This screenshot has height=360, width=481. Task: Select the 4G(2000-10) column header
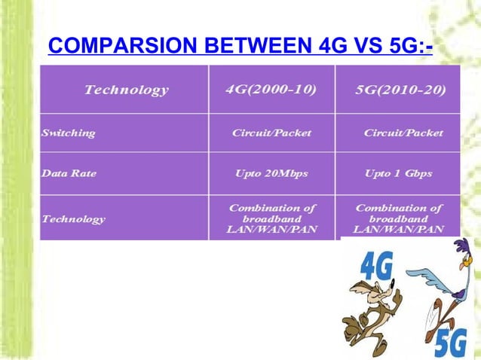[271, 90]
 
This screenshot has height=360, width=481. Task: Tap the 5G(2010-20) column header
[400, 90]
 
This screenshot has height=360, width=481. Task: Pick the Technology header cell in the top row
[126, 90]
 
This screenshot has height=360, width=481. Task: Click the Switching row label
[69, 133]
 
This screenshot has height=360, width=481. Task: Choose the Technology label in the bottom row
[73, 219]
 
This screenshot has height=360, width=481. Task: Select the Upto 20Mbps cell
[271, 173]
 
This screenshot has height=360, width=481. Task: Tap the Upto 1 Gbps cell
[398, 173]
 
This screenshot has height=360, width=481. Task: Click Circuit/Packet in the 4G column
[271, 133]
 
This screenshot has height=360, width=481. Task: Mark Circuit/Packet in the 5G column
[403, 133]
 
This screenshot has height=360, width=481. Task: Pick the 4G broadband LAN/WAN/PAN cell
[271, 218]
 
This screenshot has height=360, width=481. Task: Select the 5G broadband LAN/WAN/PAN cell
[399, 218]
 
